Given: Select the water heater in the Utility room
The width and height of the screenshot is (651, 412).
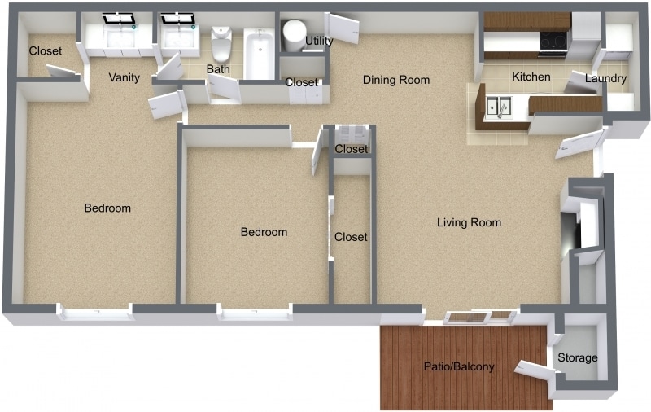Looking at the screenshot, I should pyautogui.click(x=294, y=34).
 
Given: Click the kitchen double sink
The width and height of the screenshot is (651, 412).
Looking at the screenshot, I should pyautogui.click(x=499, y=107).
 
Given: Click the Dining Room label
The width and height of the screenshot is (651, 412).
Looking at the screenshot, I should pyautogui.click(x=395, y=80).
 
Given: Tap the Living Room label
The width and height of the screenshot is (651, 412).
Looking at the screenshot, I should pyautogui.click(x=469, y=222).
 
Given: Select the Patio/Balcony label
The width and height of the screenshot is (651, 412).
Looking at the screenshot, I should pyautogui.click(x=458, y=366).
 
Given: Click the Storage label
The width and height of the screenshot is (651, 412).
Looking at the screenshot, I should pyautogui.click(x=578, y=357).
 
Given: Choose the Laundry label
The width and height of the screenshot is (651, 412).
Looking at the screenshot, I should pyautogui.click(x=605, y=79).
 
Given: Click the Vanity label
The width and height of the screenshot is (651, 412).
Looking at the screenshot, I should pyautogui.click(x=125, y=78).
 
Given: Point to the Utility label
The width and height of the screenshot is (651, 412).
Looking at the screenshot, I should pyautogui.click(x=319, y=42).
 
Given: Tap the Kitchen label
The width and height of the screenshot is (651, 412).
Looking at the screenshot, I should pyautogui.click(x=531, y=77).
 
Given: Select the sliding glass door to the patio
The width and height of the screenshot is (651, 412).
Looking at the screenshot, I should pyautogui.click(x=481, y=317).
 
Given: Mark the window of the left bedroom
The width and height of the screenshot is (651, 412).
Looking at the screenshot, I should pyautogui.click(x=94, y=312).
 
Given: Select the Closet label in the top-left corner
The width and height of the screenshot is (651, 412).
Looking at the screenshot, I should pyautogui.click(x=45, y=50).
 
